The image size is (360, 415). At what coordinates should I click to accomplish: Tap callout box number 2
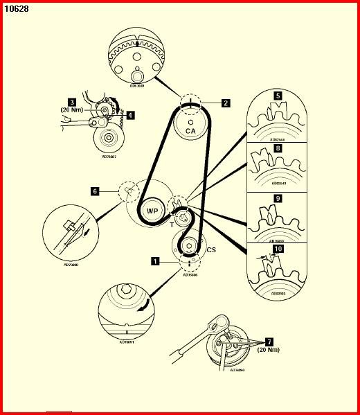226,103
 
